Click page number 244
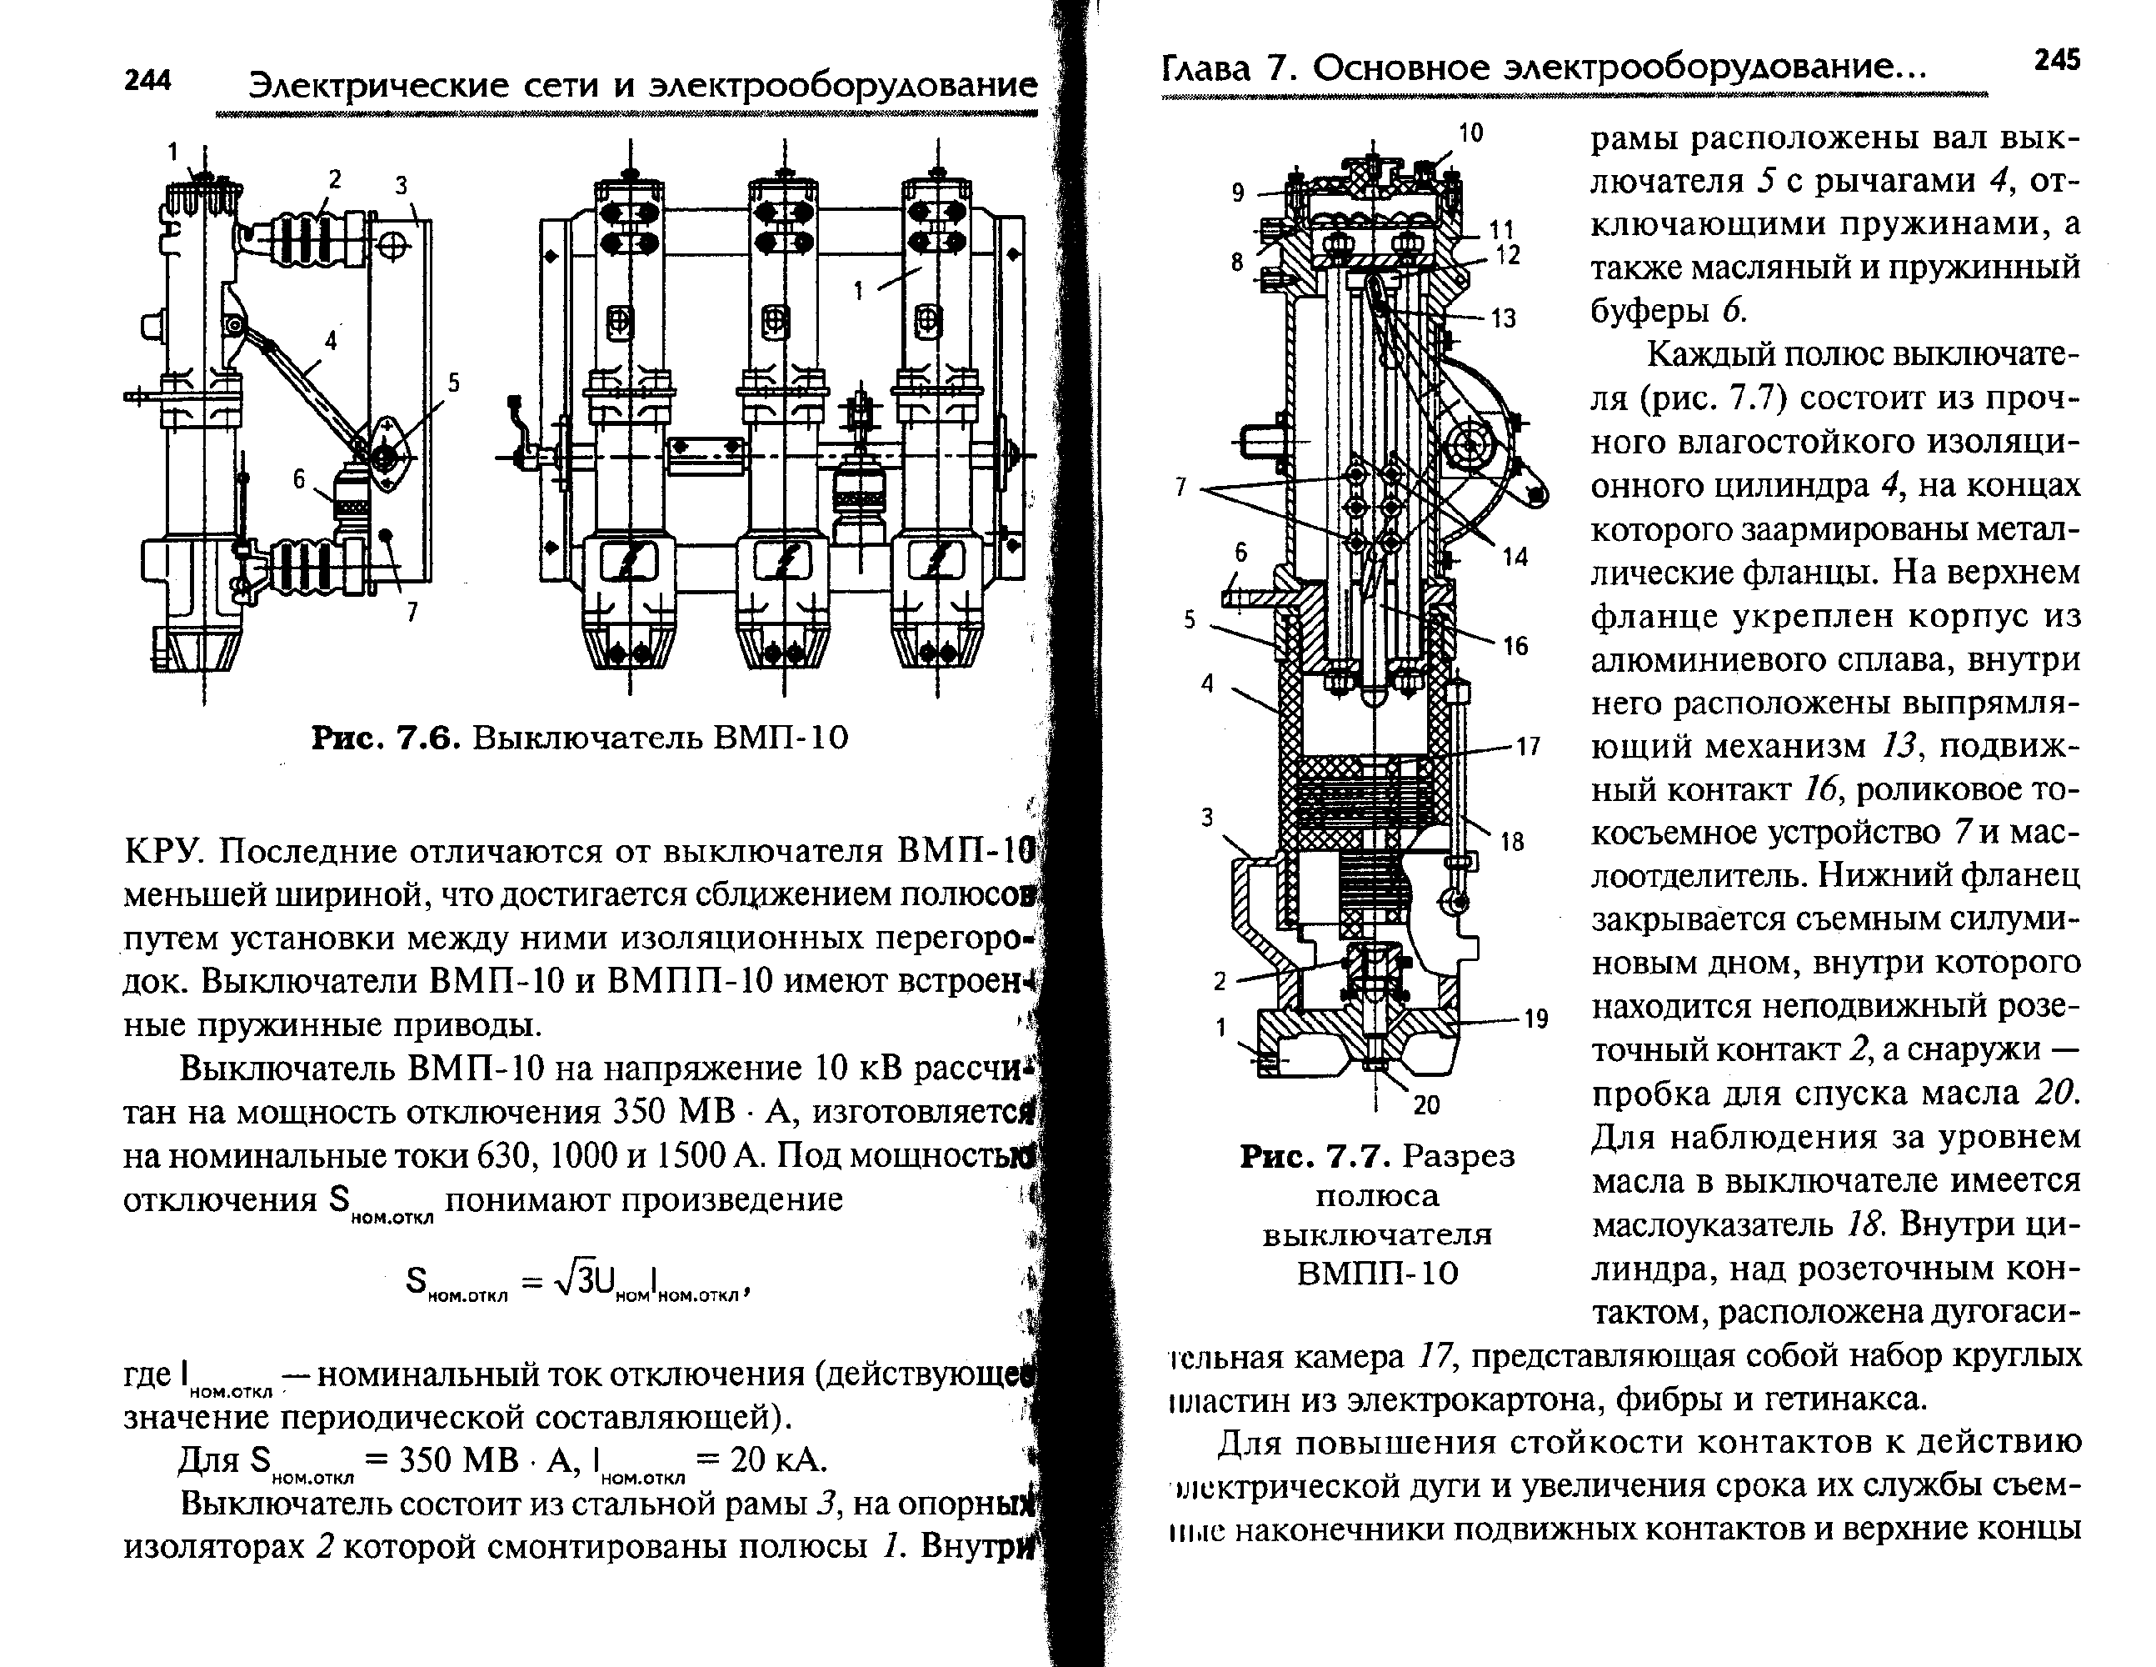148,80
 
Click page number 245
2058,60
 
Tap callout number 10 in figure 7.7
1471,133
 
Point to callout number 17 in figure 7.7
1528,747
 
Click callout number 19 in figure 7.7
1536,1019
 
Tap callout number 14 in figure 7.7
1515,557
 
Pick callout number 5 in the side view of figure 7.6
453,383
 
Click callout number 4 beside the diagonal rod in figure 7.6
331,341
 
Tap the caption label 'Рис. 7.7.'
1316,1155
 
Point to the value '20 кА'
776,1459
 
